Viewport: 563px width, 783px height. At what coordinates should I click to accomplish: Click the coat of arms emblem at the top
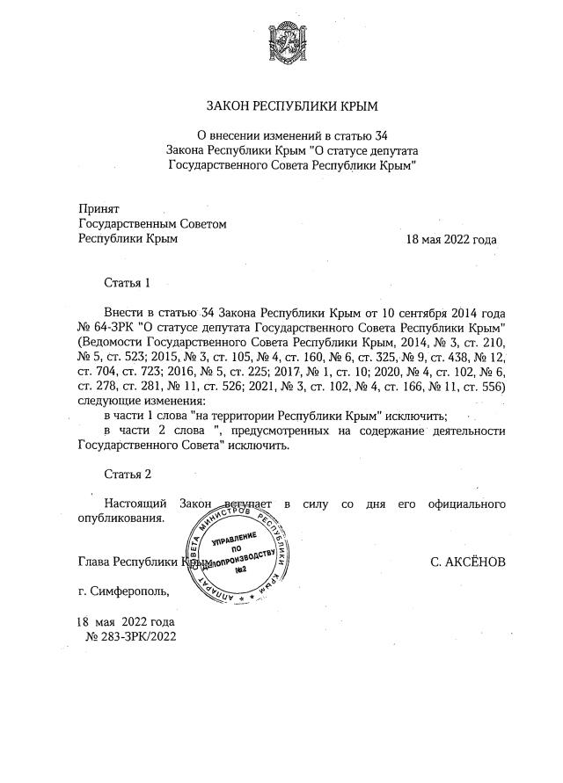(x=290, y=44)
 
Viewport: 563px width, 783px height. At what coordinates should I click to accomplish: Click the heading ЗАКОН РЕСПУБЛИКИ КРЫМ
(x=290, y=106)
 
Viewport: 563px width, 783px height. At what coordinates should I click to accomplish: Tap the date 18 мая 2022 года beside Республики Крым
(x=450, y=240)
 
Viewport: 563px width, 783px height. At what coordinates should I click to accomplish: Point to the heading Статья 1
(x=128, y=283)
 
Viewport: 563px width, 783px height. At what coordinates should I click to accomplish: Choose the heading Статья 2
(x=128, y=475)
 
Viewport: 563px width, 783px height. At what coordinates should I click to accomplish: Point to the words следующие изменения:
(x=135, y=401)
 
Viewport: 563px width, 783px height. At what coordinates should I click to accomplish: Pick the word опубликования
(x=121, y=518)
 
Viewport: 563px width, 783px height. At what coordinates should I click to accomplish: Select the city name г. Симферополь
(x=122, y=591)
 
